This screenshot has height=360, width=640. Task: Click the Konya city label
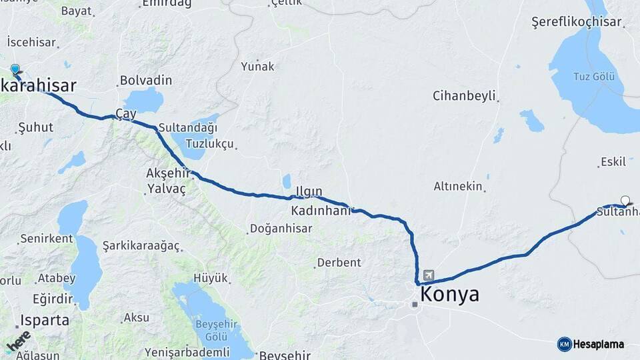click(x=449, y=295)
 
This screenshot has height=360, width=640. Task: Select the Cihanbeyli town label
click(x=464, y=95)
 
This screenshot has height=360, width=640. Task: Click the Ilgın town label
click(x=309, y=192)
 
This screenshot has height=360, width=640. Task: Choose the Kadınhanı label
click(x=321, y=211)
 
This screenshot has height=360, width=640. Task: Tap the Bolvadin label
click(x=145, y=81)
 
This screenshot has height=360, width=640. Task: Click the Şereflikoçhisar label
click(x=576, y=22)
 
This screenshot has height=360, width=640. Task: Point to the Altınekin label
click(x=458, y=187)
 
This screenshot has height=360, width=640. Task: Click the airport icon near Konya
click(x=427, y=275)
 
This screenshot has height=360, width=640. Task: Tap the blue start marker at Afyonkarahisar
click(x=15, y=69)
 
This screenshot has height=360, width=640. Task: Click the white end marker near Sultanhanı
click(x=625, y=200)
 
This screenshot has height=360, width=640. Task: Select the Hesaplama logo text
click(x=598, y=344)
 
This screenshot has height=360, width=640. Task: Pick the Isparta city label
click(x=45, y=320)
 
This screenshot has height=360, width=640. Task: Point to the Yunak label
click(x=257, y=66)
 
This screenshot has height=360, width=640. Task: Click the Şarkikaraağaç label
click(x=141, y=246)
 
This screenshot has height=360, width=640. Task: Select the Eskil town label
click(x=613, y=162)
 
